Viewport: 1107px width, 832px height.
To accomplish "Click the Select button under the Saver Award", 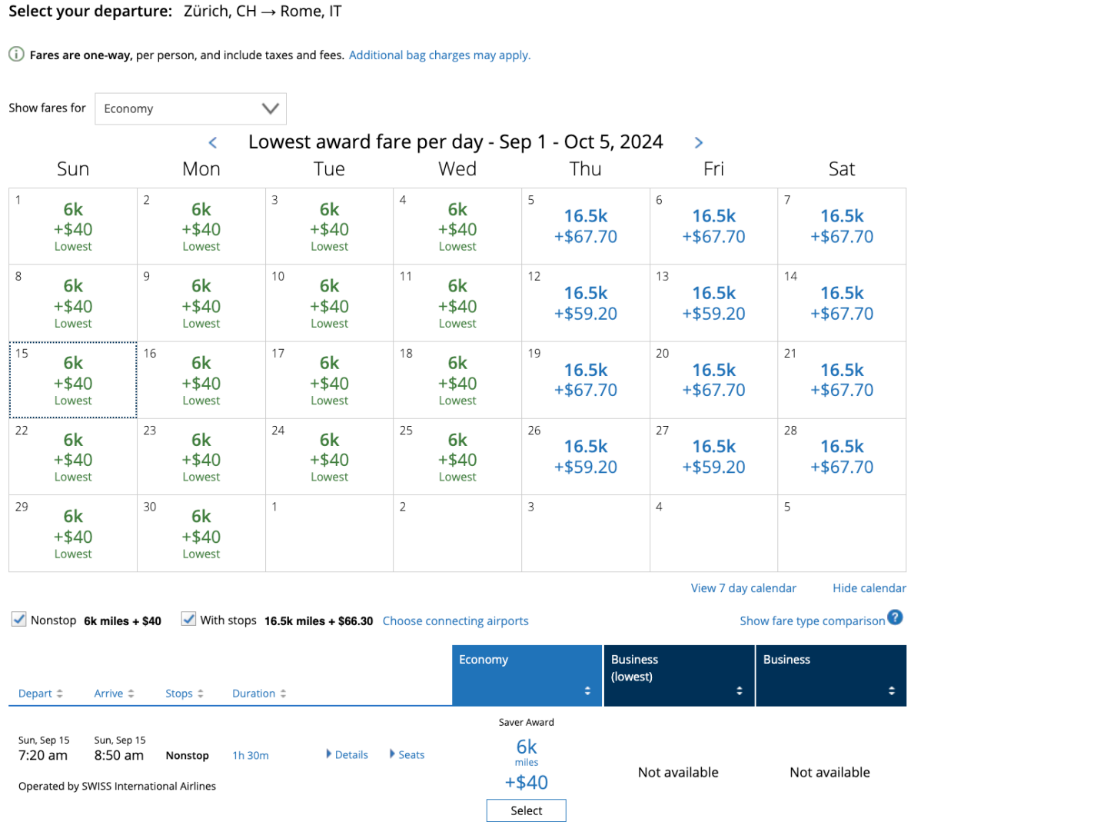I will tap(526, 810).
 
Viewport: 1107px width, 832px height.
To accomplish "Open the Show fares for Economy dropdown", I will tap(190, 108).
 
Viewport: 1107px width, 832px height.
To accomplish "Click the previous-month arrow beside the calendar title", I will tap(213, 143).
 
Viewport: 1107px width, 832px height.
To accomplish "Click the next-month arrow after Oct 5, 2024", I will tap(698, 143).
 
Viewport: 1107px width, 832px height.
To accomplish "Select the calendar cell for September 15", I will tap(73, 380).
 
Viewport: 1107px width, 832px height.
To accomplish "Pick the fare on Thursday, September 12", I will tap(586, 303).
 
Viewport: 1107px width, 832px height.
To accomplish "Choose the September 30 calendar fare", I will tap(201, 533).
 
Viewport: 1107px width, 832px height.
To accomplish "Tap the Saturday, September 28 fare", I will tap(842, 456).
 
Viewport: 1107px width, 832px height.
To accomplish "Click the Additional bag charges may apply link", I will tap(440, 55).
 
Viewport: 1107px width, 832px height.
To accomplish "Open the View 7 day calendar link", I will tap(743, 588).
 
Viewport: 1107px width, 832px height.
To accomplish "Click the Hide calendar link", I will tap(869, 588).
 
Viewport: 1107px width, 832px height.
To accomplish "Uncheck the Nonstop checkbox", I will tap(19, 619).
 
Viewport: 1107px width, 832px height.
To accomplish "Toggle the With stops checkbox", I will tap(188, 619).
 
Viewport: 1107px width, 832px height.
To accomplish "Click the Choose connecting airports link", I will tap(456, 621).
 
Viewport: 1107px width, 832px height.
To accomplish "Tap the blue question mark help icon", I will tap(895, 617).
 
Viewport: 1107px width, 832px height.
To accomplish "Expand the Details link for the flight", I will tap(347, 755).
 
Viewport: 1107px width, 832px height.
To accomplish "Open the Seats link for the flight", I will tap(407, 755).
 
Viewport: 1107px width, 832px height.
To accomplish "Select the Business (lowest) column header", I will tap(678, 675).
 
